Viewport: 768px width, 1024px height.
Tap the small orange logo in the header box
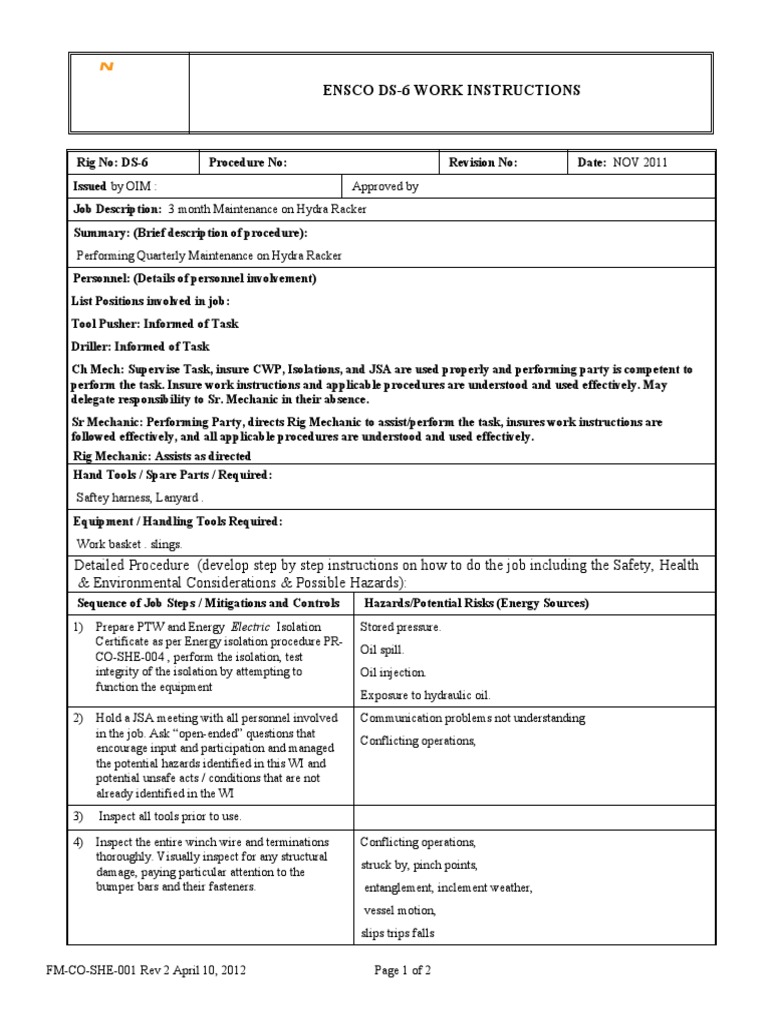tap(106, 67)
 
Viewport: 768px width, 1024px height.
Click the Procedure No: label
tap(248, 163)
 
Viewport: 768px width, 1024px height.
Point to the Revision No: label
tap(483, 163)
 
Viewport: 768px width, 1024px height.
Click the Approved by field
tap(385, 186)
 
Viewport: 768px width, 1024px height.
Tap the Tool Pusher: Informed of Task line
tap(155, 324)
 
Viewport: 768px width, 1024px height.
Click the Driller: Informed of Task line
tap(141, 347)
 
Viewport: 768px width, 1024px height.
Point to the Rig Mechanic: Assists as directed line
tap(159, 455)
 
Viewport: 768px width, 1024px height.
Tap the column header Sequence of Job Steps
tap(209, 603)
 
